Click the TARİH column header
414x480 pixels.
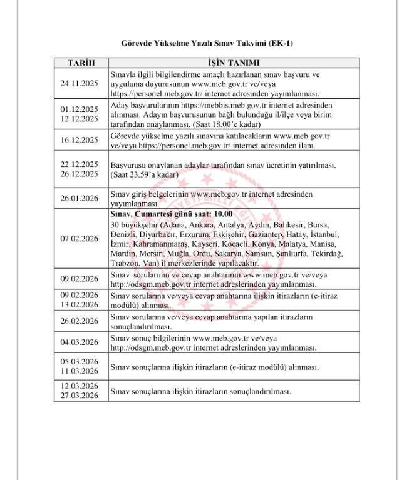(x=81, y=63)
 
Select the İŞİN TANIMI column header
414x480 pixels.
(x=234, y=63)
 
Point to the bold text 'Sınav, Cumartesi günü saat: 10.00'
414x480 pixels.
(x=162, y=214)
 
